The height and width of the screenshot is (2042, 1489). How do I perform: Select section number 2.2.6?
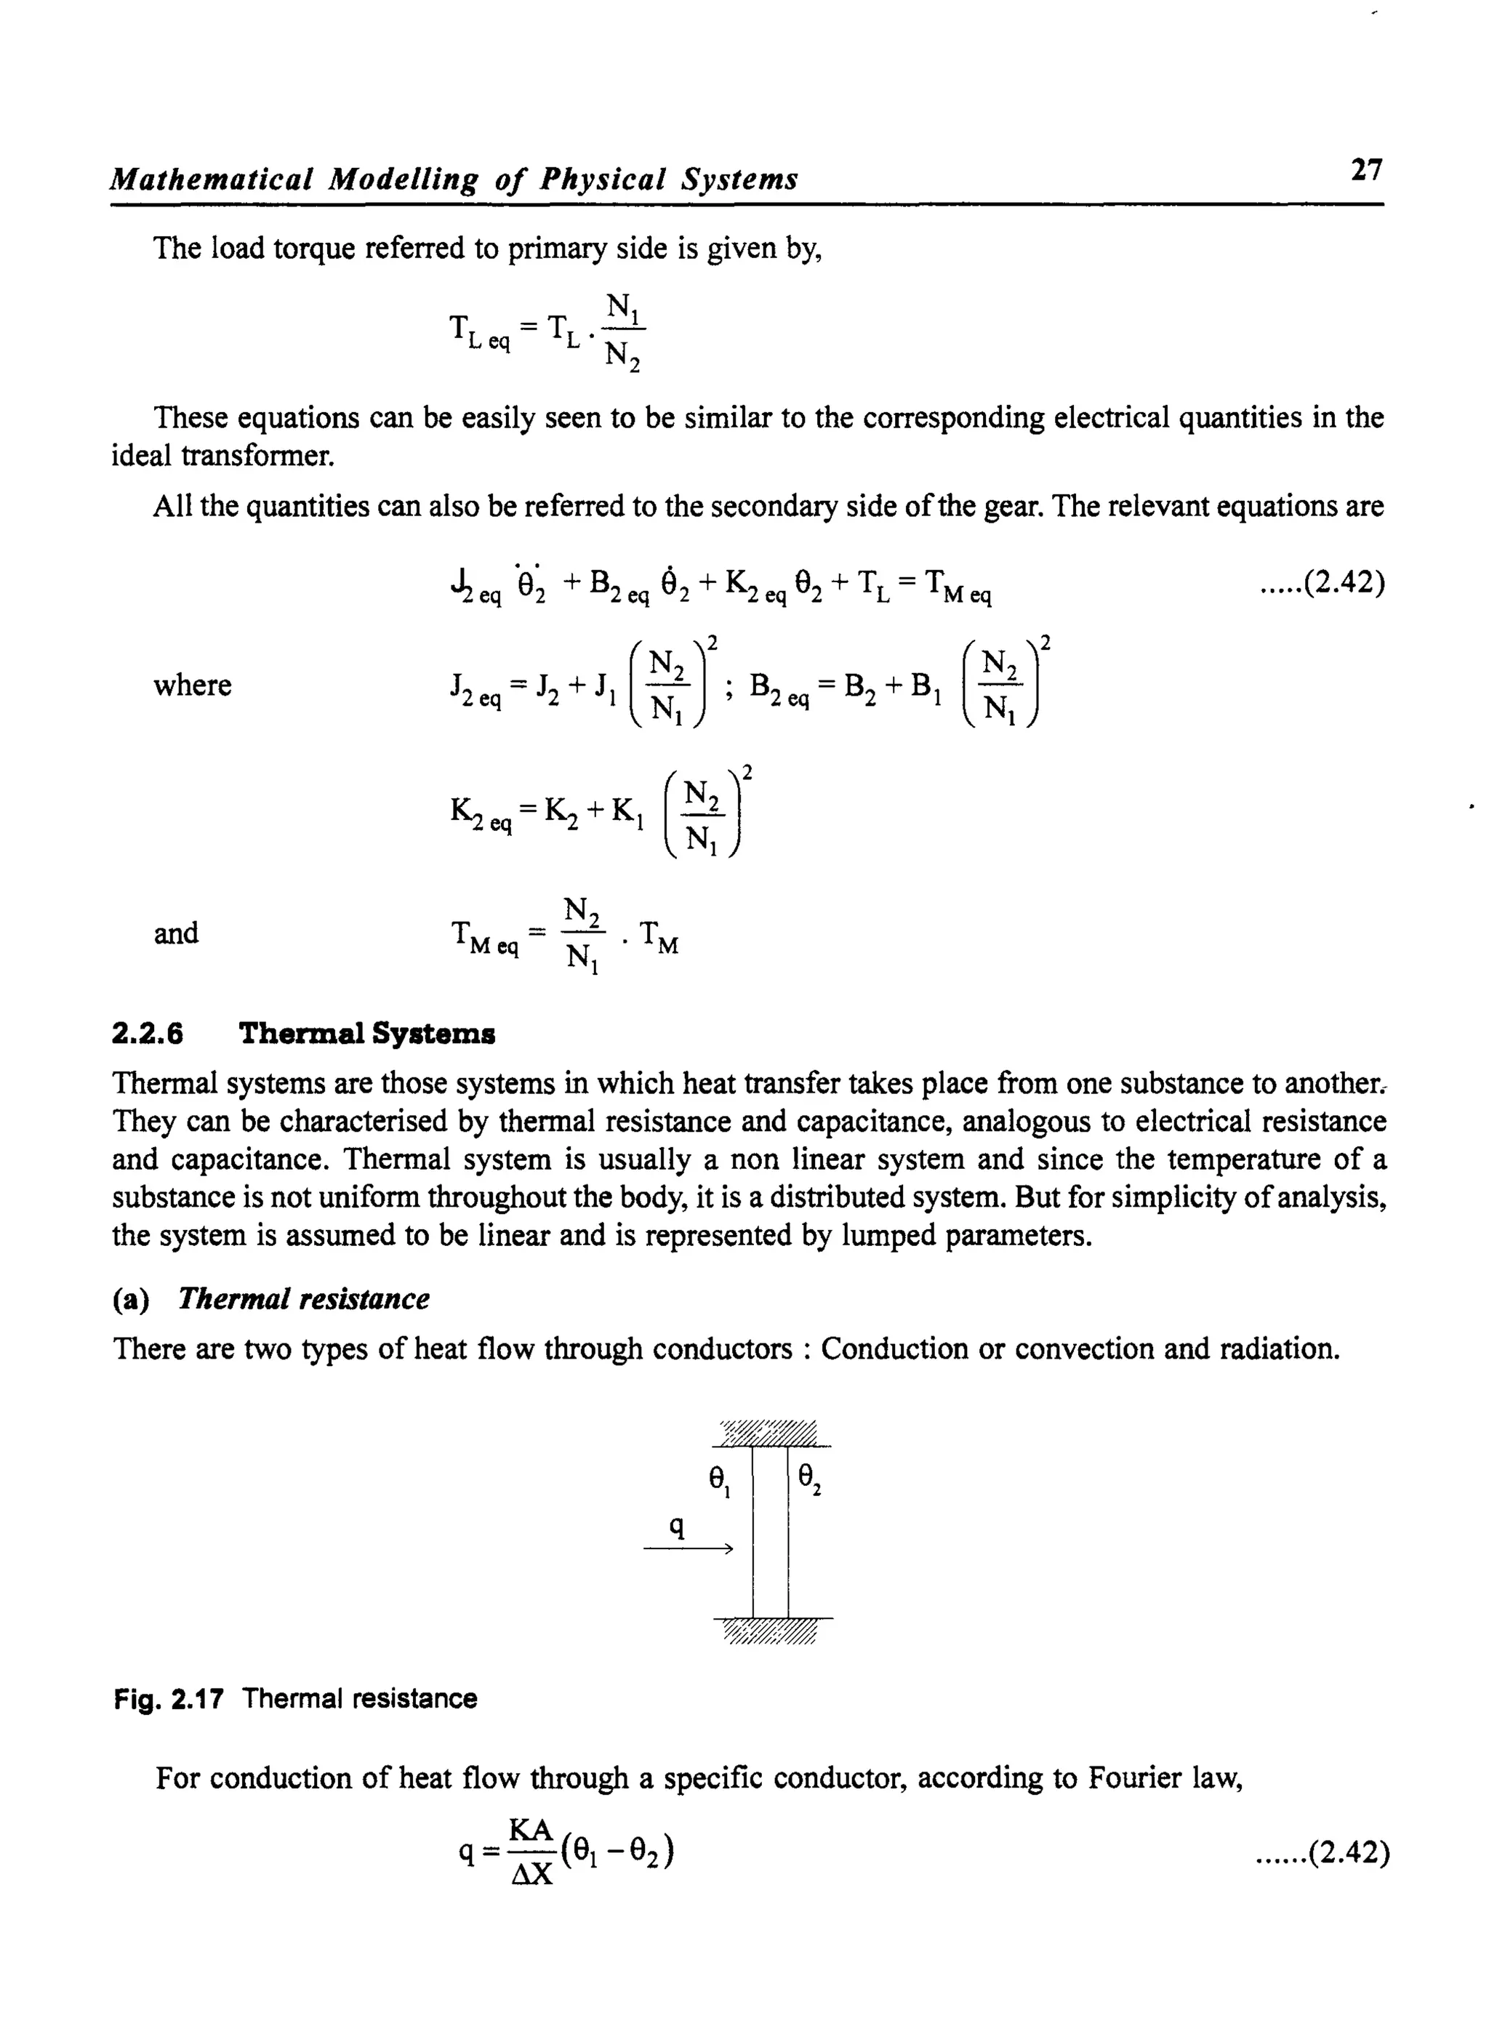(x=147, y=1034)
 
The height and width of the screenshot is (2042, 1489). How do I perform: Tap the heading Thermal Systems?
(x=367, y=1033)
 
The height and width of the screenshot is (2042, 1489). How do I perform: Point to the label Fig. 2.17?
(x=169, y=1699)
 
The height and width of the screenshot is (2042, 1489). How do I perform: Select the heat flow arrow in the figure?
(x=687, y=1549)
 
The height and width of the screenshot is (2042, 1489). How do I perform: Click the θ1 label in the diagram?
(x=718, y=1479)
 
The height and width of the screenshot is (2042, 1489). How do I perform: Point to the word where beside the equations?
(x=192, y=686)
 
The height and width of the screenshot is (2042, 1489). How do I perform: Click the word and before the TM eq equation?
(x=176, y=933)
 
